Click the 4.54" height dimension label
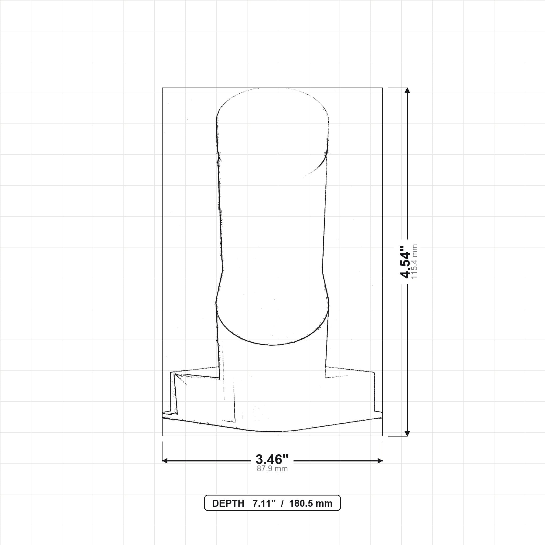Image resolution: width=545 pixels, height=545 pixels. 405,262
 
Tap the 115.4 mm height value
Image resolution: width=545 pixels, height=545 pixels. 414,262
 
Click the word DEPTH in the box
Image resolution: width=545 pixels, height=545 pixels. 228,503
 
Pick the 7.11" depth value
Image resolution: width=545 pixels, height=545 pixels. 264,503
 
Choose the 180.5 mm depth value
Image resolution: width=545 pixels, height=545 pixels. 311,503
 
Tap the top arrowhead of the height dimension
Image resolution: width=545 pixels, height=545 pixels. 407,90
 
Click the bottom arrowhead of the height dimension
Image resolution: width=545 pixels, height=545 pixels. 407,433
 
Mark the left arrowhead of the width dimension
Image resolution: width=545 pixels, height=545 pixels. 165,461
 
